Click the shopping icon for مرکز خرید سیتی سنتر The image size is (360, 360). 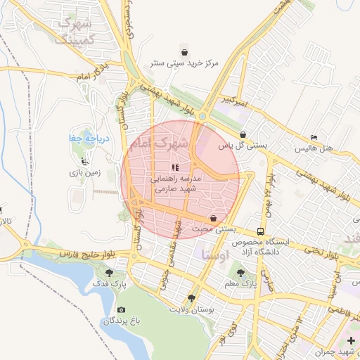coord(184,52)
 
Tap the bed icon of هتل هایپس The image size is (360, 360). coord(314,137)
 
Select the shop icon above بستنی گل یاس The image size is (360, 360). coord(243,134)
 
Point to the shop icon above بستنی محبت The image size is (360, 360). coord(213,219)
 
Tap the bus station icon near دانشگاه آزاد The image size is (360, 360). coord(261,231)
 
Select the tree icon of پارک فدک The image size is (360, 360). coord(108,272)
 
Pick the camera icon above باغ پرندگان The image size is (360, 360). coord(121,310)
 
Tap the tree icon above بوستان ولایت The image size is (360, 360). coord(191,298)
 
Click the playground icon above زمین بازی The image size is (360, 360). coord(85,161)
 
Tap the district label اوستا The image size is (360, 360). coord(215,254)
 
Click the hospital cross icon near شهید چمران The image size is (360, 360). coord(351,340)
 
